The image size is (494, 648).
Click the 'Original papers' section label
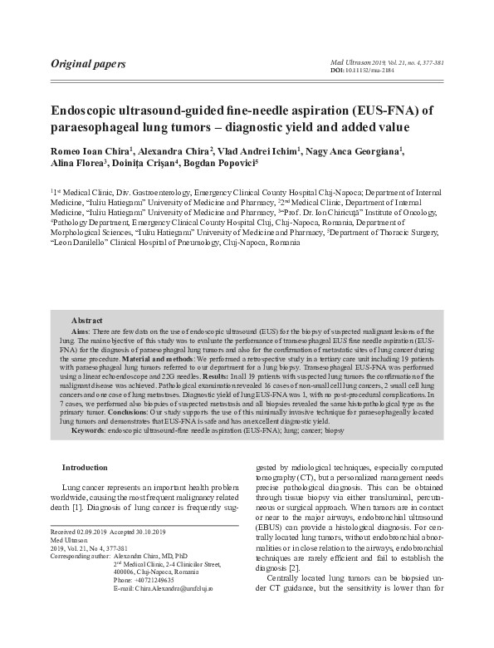pyautogui.click(x=88, y=63)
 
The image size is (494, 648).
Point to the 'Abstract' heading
pyautogui.click(x=87, y=320)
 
